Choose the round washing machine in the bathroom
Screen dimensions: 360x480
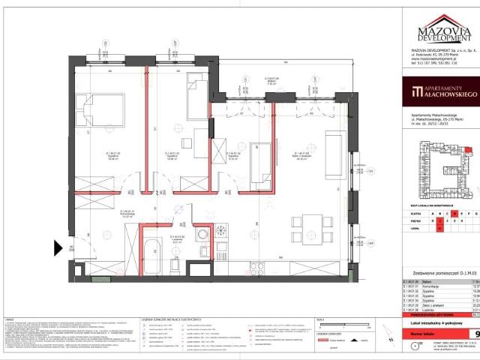click(x=202, y=235)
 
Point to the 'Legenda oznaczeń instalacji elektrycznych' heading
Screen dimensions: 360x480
click(x=157, y=319)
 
